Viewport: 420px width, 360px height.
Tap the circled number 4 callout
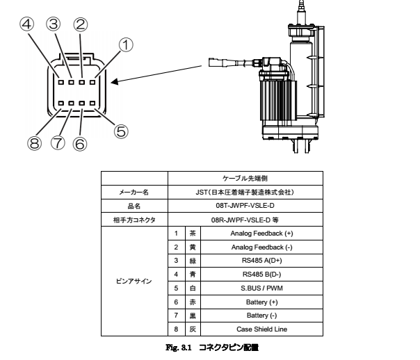coord(26,25)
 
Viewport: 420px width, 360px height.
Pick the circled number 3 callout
coord(53,25)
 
